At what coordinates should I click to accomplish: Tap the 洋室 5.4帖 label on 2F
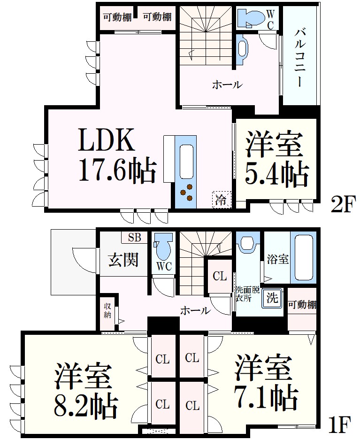tap(276, 159)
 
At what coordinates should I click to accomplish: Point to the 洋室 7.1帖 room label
tap(266, 381)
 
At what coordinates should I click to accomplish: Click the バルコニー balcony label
tap(300, 58)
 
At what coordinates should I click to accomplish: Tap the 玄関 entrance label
tap(123, 259)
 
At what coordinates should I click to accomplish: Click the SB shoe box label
tap(134, 238)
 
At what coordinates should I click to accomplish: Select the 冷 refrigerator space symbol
tap(222, 200)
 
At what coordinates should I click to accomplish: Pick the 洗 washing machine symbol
tap(272, 298)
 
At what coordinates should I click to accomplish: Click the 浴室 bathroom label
tap(277, 259)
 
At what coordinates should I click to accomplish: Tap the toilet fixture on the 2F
tap(251, 18)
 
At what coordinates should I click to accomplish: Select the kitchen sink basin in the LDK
tap(186, 162)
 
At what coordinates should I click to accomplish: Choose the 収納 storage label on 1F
tap(107, 310)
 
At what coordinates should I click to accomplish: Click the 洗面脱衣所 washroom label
tap(247, 294)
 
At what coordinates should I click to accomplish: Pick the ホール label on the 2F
tap(227, 84)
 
